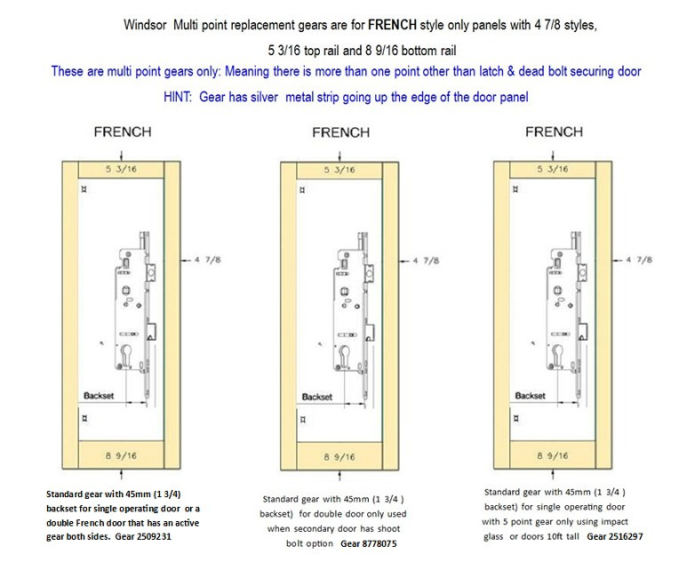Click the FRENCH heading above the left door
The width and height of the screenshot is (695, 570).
pos(123,132)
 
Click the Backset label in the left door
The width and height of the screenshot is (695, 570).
pos(100,392)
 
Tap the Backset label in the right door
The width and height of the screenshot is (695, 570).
pos(531,395)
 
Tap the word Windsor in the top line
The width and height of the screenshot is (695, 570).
pos(144,26)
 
